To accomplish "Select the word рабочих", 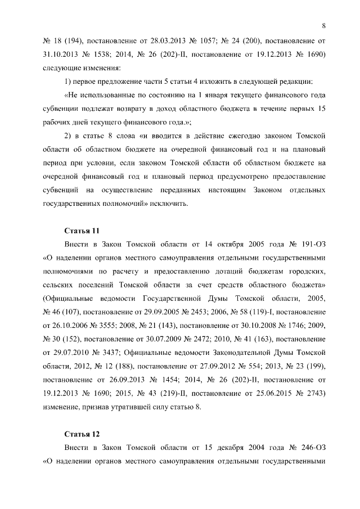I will click(x=58, y=123).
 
